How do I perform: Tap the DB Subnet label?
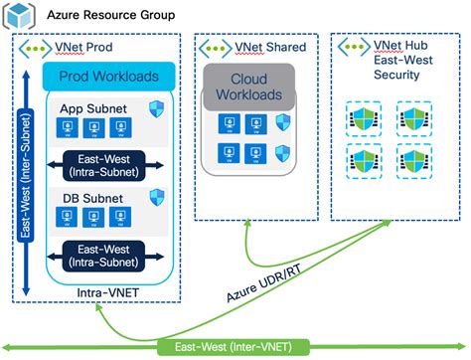tap(85, 199)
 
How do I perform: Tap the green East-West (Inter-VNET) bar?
tap(235, 346)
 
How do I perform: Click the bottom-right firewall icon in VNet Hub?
tap(411, 161)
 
